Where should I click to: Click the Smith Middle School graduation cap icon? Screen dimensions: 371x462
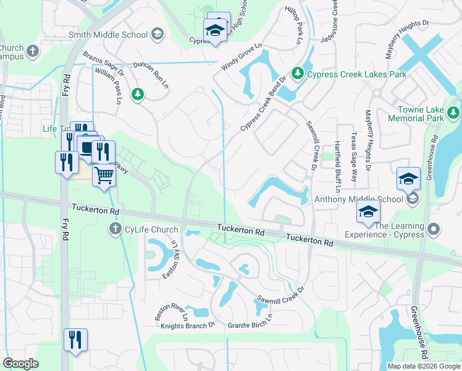(x=157, y=35)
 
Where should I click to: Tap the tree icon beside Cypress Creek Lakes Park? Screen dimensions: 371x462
(x=298, y=74)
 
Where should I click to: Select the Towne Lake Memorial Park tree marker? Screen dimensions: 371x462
(x=454, y=113)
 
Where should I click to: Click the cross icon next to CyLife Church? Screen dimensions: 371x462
(x=114, y=230)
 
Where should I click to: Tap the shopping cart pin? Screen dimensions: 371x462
(x=104, y=176)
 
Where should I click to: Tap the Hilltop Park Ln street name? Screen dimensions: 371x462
(x=293, y=27)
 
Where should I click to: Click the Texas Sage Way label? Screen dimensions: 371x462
(x=354, y=152)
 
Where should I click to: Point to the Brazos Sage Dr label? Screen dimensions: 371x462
(x=104, y=64)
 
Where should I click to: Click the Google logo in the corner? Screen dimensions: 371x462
(x=20, y=364)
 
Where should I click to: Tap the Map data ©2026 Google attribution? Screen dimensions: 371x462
(x=423, y=366)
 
